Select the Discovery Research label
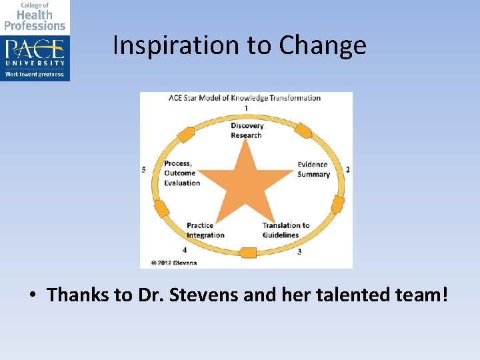(247, 131)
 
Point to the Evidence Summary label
(313, 169)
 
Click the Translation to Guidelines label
(286, 230)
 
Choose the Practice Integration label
(205, 230)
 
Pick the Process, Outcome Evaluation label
(182, 173)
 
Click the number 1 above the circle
(246, 108)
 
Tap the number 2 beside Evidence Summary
(347, 170)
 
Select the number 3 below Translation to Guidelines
(299, 251)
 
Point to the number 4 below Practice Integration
(185, 250)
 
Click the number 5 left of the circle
(144, 170)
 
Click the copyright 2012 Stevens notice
(174, 263)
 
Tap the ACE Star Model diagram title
(245, 98)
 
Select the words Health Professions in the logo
(35, 20)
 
